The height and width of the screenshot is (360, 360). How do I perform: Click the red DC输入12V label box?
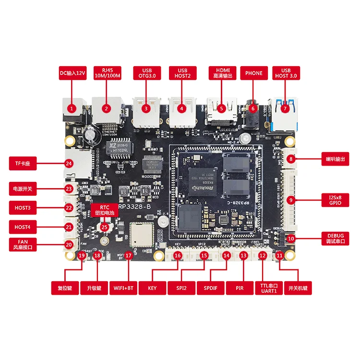click(72, 73)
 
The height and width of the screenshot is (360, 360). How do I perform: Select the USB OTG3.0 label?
click(145, 73)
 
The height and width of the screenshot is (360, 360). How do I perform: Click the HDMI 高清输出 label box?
click(221, 73)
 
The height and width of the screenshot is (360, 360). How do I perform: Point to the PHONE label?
click(254, 73)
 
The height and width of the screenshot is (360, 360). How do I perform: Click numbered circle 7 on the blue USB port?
click(286, 108)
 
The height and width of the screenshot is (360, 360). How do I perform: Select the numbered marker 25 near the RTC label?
click(104, 226)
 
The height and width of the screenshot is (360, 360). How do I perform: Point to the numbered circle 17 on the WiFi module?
click(128, 256)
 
